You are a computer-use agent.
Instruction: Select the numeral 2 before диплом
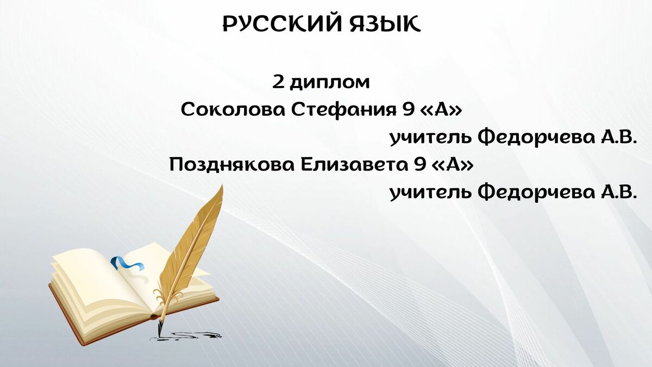pyautogui.click(x=278, y=82)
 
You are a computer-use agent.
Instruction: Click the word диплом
pyautogui.click(x=329, y=83)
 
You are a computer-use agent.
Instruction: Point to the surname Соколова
pyautogui.click(x=233, y=110)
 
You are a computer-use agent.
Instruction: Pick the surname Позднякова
pyautogui.click(x=231, y=165)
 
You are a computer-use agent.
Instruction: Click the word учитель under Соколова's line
pyautogui.click(x=430, y=138)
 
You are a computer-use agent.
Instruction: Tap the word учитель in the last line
pyautogui.click(x=430, y=193)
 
